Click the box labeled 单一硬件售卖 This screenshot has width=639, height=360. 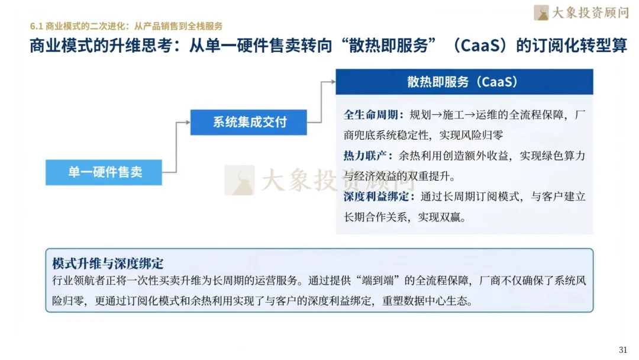[x=104, y=173]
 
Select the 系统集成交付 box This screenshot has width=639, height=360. [x=248, y=123]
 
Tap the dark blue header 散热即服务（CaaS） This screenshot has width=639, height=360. [x=464, y=82]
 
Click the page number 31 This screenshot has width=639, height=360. [x=622, y=349]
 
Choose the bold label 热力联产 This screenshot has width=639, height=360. [x=364, y=156]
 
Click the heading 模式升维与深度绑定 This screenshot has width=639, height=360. [x=108, y=263]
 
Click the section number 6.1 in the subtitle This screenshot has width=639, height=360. [x=37, y=26]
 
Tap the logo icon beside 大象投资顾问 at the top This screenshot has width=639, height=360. [x=541, y=12]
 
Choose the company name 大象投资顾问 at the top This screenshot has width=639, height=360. [x=589, y=12]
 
